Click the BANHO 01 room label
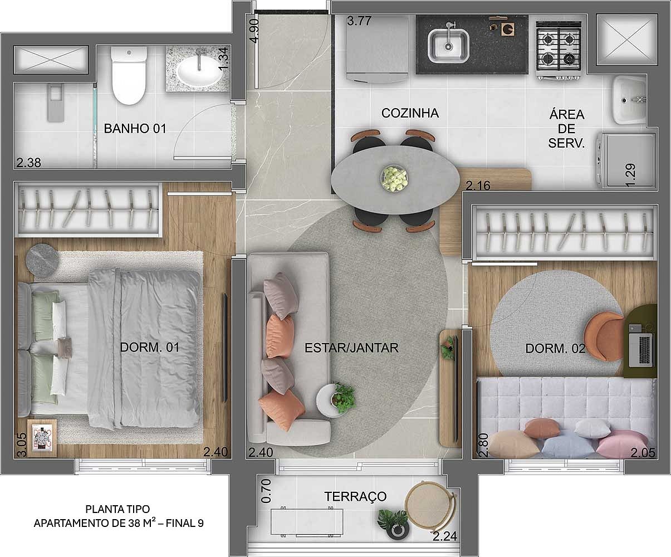coord(135,129)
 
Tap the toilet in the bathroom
coord(129,76)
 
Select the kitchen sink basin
coord(448,46)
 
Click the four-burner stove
coord(559,50)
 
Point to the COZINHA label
coord(410,113)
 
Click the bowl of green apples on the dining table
coord(394,178)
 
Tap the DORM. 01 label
coord(149,348)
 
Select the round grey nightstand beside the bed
coord(42,260)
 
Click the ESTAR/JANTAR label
coord(351,348)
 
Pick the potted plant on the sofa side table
coord(344,398)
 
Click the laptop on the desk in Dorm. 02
coord(640,350)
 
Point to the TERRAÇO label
coord(355,497)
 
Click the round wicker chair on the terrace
coord(429,504)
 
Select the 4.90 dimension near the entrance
coord(254,31)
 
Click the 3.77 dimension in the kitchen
coord(359,21)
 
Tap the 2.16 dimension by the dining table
coord(478,186)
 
